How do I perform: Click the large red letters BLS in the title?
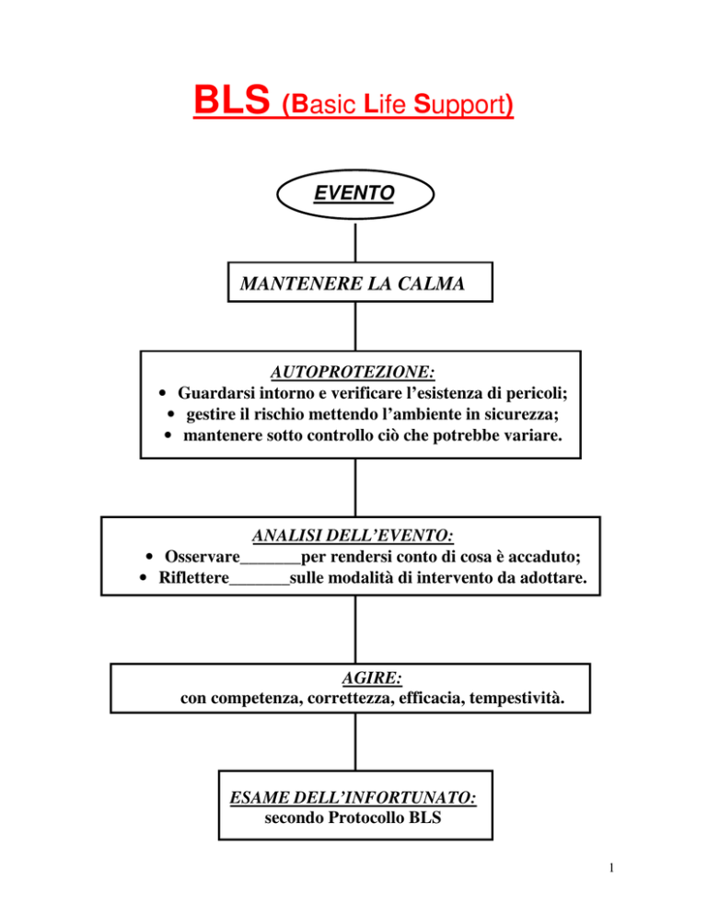tap(232, 99)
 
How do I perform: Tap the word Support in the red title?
tap(464, 104)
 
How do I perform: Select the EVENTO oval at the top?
tap(355, 194)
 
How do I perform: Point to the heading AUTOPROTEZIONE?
tap(353, 372)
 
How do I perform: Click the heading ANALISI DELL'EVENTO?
tap(353, 535)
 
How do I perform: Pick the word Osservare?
tap(202, 557)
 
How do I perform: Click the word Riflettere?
tap(194, 578)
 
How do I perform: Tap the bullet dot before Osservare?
tap(149, 557)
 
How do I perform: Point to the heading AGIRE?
tap(372, 678)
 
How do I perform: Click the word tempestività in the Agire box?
tap(516, 698)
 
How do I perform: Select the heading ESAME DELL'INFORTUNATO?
tap(353, 797)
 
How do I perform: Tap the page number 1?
tap(611, 868)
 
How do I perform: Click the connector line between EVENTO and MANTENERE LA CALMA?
tap(355, 241)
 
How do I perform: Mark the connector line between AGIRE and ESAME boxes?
tap(355, 742)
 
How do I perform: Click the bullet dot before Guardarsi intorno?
tap(163, 393)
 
